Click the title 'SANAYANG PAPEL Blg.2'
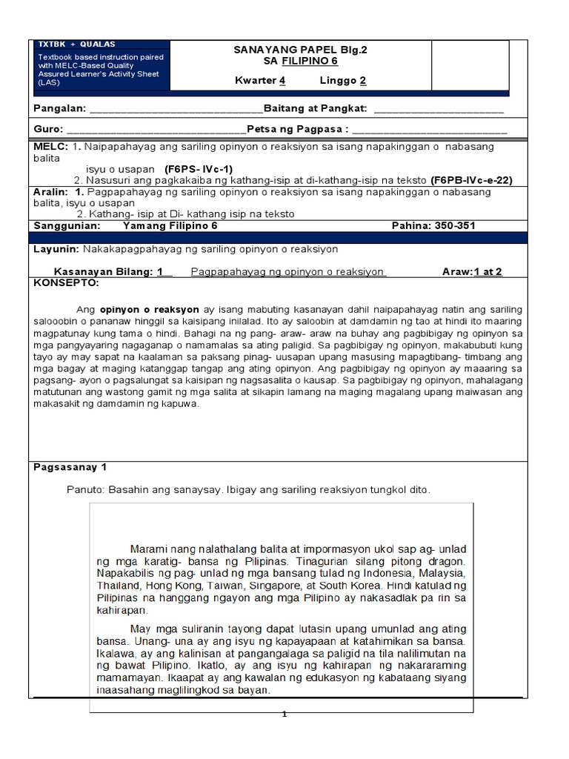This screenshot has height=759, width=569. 300,50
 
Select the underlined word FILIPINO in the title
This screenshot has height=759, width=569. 309,62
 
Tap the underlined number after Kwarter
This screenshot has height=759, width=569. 282,81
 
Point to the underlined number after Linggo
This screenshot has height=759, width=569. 363,81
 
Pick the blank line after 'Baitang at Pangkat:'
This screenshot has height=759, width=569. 439,109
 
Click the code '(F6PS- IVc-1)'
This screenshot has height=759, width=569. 199,168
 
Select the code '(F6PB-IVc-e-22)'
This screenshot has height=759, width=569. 471,180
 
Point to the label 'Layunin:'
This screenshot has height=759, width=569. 57,249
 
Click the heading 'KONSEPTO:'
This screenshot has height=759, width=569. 66,282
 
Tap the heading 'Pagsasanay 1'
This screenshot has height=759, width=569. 71,467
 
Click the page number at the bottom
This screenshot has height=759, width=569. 284,715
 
